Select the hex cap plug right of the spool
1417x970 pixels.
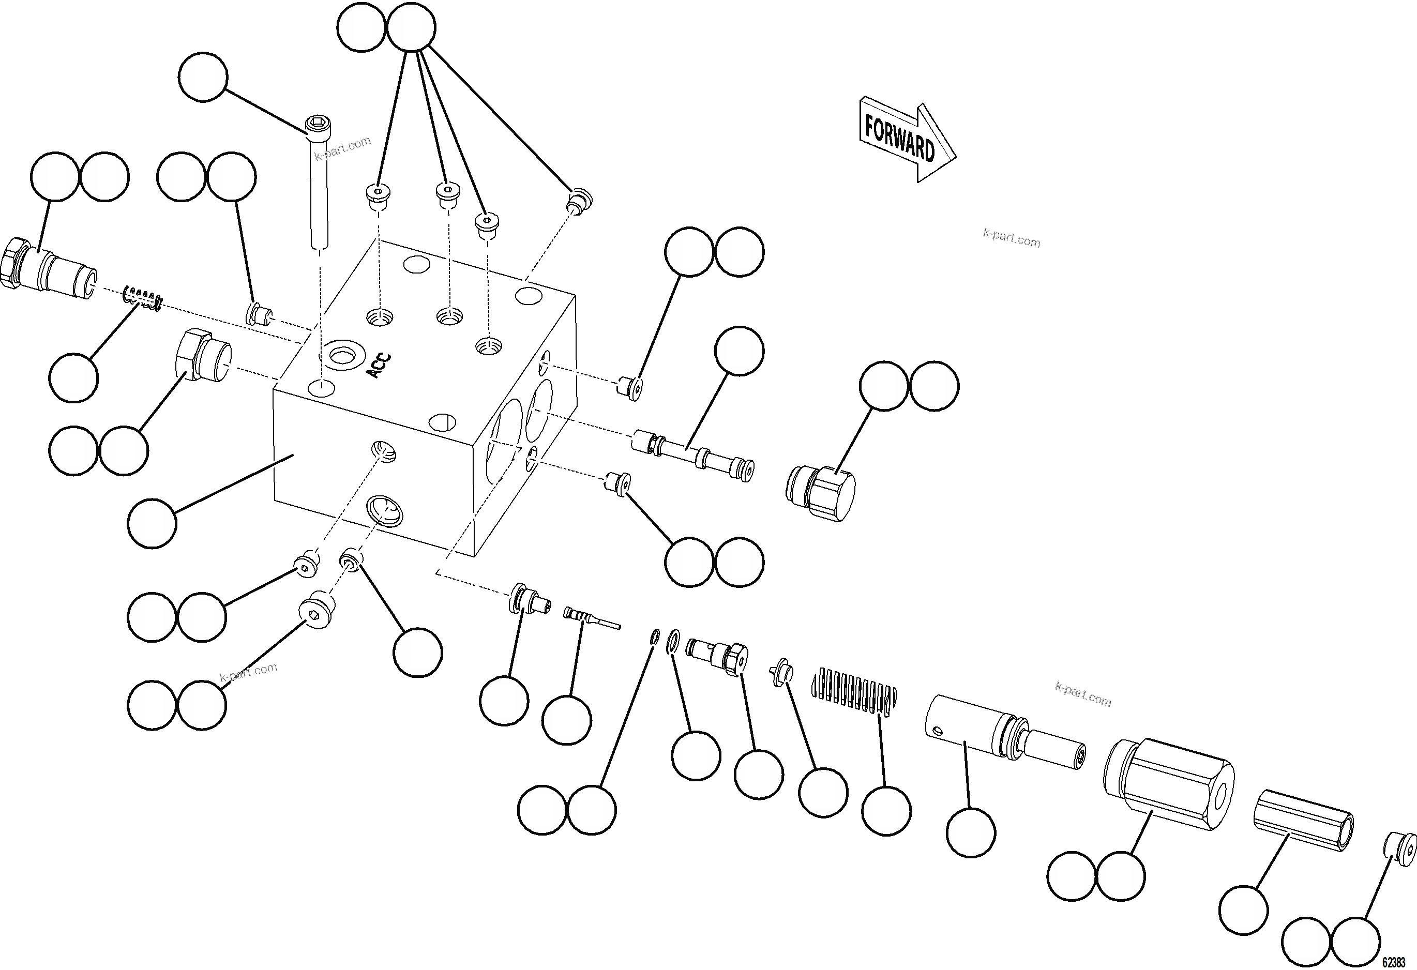point(821,492)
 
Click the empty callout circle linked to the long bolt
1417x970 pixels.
point(203,77)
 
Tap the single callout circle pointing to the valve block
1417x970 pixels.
point(152,523)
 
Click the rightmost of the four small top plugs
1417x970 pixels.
point(580,201)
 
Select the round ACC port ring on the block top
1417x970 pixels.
point(344,354)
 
